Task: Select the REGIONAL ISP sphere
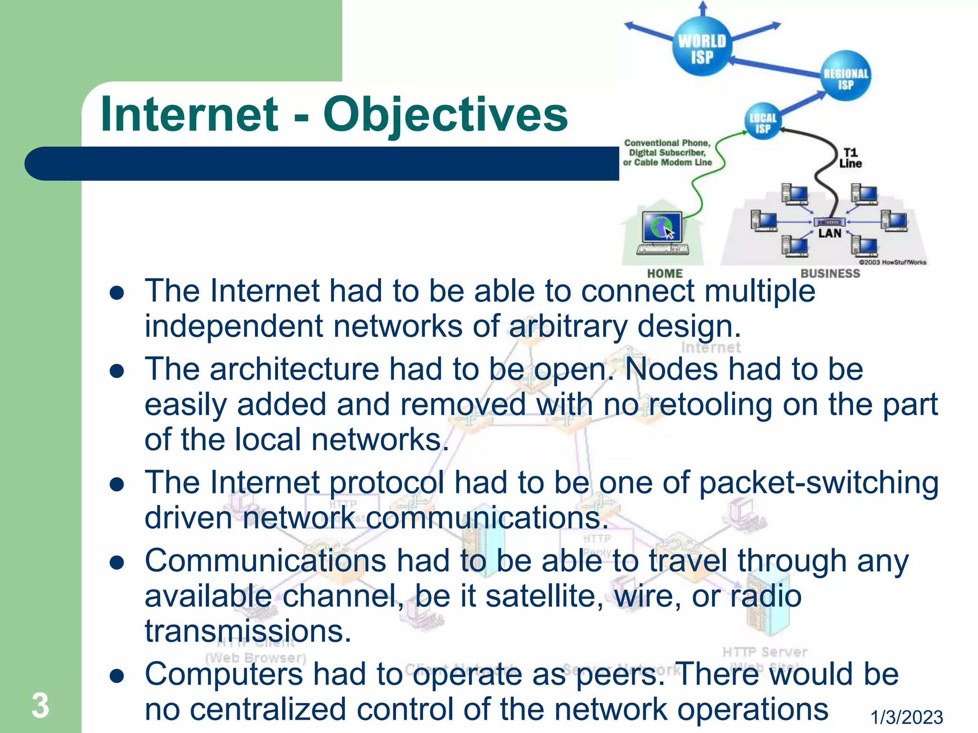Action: tap(846, 76)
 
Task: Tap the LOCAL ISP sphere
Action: tap(763, 122)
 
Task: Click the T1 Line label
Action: tap(850, 158)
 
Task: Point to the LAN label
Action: tap(829, 233)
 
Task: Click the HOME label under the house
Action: tap(665, 273)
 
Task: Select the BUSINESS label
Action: tap(830, 273)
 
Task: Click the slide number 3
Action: tap(41, 705)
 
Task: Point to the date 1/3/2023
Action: tap(907, 717)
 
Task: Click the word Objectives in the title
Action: tap(445, 115)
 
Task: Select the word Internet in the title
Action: tap(189, 115)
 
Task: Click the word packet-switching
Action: tap(819, 482)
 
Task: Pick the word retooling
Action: tap(711, 405)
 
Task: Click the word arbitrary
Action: tap(568, 326)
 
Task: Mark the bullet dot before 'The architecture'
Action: tap(117, 371)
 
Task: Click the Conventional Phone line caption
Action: tap(667, 153)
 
